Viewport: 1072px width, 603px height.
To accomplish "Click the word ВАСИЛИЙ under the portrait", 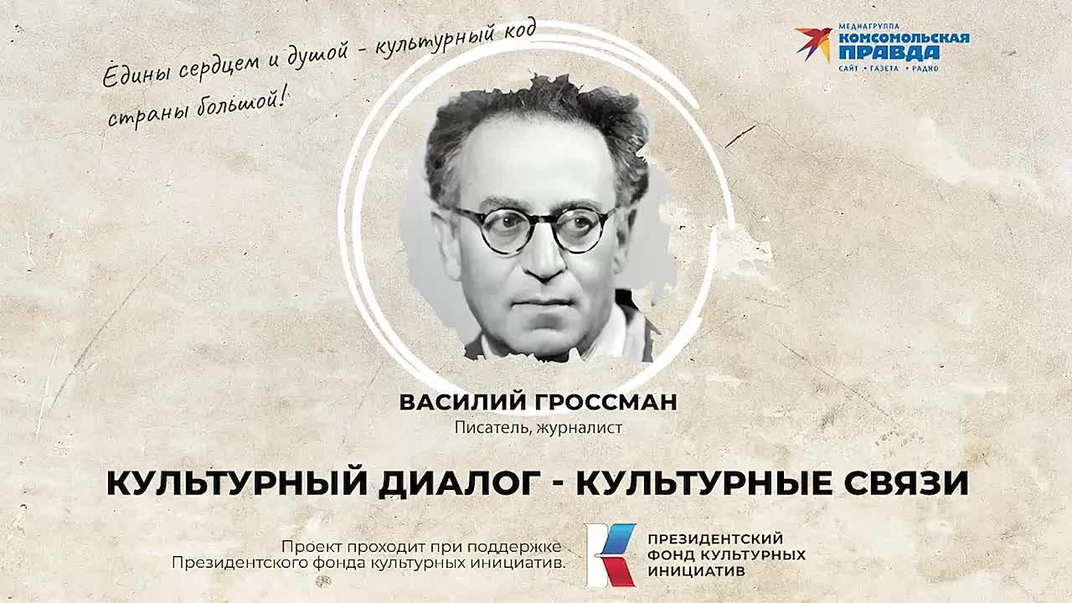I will [x=449, y=403].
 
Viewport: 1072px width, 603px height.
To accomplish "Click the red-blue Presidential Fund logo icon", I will [x=611, y=554].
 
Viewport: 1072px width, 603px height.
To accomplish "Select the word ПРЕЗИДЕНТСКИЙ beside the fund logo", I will [x=715, y=539].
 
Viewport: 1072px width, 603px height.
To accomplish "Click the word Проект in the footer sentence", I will [x=309, y=544].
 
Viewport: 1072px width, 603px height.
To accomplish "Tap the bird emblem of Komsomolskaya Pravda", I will [x=813, y=43].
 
